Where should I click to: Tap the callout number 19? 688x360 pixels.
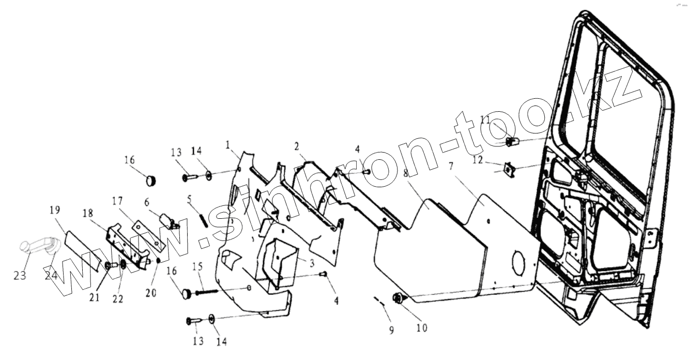click(x=55, y=210)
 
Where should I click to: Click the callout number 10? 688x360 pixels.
click(x=422, y=327)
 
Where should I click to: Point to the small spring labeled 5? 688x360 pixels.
click(x=203, y=219)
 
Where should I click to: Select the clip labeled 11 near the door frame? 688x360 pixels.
click(x=512, y=140)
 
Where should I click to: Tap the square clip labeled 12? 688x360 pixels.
click(x=509, y=169)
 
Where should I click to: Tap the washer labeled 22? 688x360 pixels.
click(x=124, y=265)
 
